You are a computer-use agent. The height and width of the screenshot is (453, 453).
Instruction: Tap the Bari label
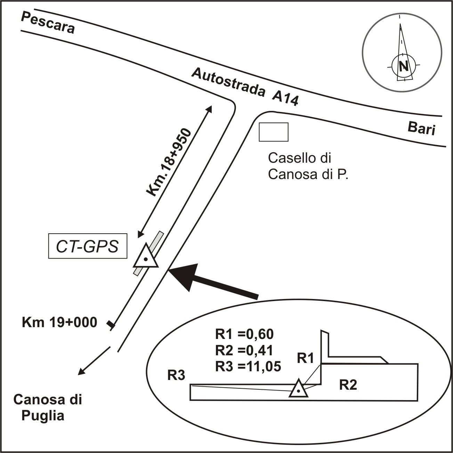pyautogui.click(x=421, y=128)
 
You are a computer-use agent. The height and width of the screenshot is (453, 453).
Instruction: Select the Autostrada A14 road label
pyautogui.click(x=245, y=87)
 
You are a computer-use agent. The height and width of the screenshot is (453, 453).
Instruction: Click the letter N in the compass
pyautogui.click(x=403, y=66)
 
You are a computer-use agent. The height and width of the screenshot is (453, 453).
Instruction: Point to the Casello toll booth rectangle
pyautogui.click(x=274, y=132)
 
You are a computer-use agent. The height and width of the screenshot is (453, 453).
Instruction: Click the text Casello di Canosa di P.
pyautogui.click(x=308, y=166)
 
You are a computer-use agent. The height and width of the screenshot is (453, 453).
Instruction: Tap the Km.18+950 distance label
pyautogui.click(x=169, y=162)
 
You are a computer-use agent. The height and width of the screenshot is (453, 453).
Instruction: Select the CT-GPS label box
pyautogui.click(x=88, y=247)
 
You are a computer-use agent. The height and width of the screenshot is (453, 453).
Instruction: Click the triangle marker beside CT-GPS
pyautogui.click(x=146, y=257)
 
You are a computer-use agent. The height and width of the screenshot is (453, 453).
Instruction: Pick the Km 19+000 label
pyautogui.click(x=59, y=322)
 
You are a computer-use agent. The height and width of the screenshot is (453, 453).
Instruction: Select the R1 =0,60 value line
pyautogui.click(x=244, y=334)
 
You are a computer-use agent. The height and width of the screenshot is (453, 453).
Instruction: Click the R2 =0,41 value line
pyautogui.click(x=244, y=350)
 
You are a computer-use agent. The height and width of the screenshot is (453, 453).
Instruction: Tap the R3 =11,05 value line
pyautogui.click(x=248, y=366)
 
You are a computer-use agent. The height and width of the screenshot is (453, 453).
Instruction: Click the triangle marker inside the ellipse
pyautogui.click(x=298, y=389)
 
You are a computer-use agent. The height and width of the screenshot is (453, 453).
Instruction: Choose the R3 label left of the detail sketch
pyautogui.click(x=176, y=376)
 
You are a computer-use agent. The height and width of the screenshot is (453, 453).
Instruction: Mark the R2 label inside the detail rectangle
pyautogui.click(x=348, y=385)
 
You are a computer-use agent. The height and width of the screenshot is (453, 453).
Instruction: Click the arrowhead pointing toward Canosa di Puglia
pyautogui.click(x=81, y=372)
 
